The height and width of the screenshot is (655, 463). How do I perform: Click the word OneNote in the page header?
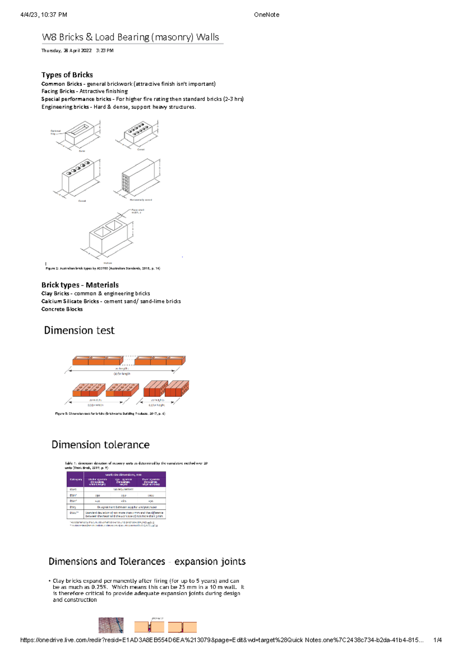(266, 15)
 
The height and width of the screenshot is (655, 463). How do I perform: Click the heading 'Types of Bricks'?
(67, 75)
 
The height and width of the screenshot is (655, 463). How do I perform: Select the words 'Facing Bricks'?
(58, 91)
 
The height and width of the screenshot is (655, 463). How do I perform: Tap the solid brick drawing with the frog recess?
(80, 134)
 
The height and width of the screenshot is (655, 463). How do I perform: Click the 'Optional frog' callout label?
(55, 132)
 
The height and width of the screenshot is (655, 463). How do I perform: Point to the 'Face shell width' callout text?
(138, 211)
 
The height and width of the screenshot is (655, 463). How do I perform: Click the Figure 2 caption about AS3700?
(103, 268)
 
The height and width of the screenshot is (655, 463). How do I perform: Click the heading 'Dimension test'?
(79, 330)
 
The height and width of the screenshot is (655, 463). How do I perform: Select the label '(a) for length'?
(122, 373)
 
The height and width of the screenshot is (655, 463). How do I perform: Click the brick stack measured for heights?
(166, 389)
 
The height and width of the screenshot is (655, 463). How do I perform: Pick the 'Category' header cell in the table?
(76, 479)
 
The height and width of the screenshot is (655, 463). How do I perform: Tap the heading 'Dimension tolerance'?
(100, 445)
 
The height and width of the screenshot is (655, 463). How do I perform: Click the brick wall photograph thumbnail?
(111, 625)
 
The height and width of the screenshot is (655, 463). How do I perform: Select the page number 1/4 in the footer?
(438, 640)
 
